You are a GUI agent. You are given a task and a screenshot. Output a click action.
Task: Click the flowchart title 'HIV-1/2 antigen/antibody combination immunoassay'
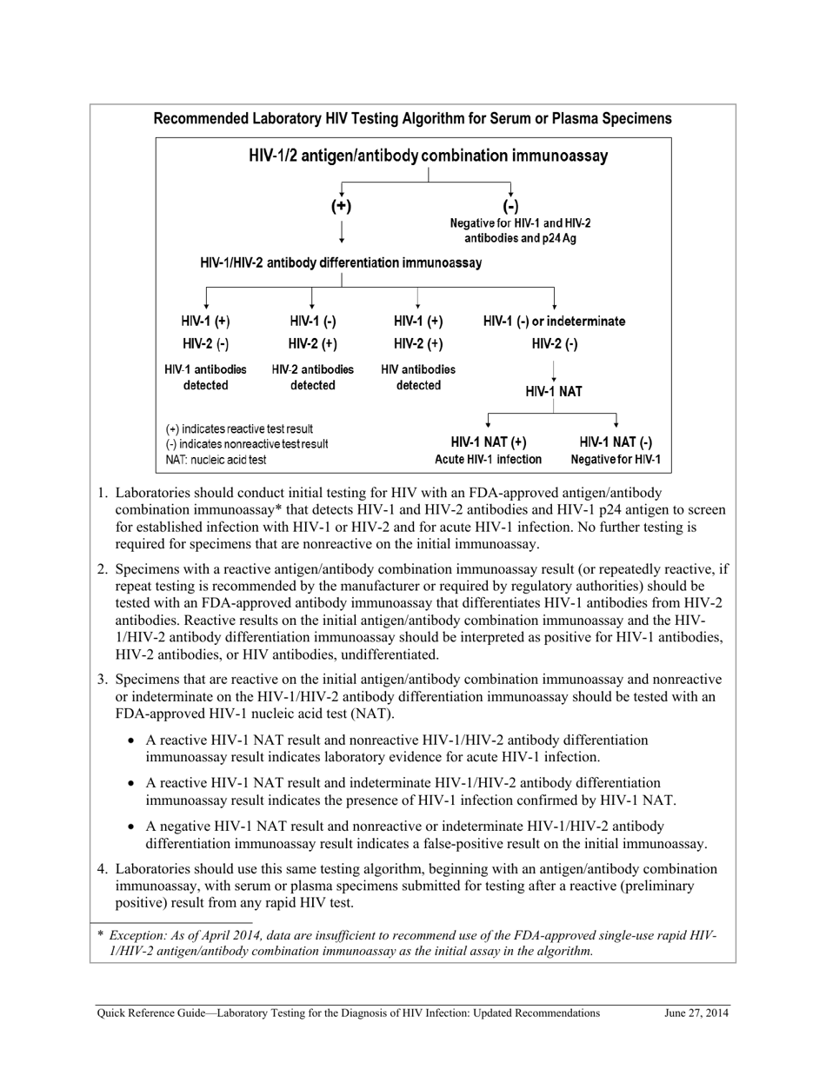(x=428, y=156)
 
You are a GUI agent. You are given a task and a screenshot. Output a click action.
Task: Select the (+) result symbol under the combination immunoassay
(x=342, y=206)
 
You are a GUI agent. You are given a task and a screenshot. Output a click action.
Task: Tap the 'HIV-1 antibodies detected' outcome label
(x=205, y=377)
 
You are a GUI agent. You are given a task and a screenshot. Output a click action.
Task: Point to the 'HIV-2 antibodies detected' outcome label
(x=312, y=377)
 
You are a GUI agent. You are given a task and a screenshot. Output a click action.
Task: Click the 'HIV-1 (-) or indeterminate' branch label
(x=554, y=322)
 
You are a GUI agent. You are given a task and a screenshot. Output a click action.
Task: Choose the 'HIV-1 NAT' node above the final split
(x=554, y=392)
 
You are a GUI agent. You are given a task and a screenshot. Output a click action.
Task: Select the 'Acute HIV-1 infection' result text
(x=488, y=460)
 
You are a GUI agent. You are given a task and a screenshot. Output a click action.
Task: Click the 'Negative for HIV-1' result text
(x=616, y=460)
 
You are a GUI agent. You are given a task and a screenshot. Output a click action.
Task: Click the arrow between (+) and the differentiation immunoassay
(x=342, y=231)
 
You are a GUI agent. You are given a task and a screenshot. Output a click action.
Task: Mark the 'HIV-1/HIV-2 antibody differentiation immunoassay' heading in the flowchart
(x=341, y=262)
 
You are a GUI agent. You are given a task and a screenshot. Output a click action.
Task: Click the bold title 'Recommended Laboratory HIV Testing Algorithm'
(x=412, y=119)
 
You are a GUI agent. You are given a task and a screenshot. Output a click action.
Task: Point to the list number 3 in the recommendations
(x=102, y=680)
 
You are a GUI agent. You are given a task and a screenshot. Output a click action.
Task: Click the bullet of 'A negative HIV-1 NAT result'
(x=132, y=827)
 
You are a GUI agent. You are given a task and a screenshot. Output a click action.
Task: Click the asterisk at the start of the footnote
(x=100, y=936)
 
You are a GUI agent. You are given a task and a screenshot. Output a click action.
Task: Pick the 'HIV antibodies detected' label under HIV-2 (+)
(x=418, y=377)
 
